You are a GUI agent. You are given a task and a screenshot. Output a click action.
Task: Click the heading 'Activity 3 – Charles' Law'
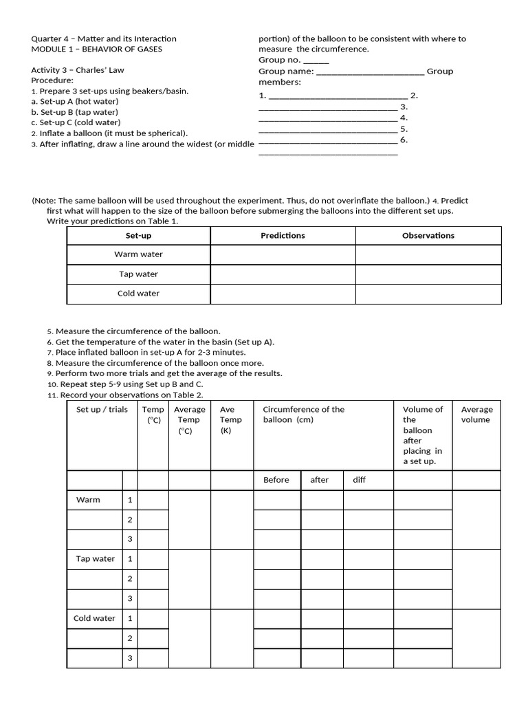(78, 70)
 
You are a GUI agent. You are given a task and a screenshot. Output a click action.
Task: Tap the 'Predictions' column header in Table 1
(283, 236)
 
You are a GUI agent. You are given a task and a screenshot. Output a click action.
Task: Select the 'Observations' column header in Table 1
(428, 236)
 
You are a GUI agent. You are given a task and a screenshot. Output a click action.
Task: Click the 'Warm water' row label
(138, 254)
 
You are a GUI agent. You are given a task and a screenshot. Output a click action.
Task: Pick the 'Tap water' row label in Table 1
(138, 274)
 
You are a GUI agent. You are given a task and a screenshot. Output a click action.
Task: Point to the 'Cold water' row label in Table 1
(138, 294)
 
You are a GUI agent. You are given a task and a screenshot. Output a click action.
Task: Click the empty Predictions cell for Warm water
(283, 254)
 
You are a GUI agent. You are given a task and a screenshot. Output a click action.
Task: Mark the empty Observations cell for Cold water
(428, 294)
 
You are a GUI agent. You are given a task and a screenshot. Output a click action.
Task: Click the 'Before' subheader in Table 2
(276, 480)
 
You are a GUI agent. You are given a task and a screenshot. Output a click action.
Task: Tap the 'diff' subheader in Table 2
(359, 480)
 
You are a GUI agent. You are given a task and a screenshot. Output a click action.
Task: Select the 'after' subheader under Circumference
(320, 480)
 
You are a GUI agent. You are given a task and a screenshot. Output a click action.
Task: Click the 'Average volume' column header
(476, 415)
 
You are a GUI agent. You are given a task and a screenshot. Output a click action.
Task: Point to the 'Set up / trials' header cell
(102, 410)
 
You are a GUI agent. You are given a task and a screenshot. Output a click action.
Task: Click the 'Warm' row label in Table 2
(88, 500)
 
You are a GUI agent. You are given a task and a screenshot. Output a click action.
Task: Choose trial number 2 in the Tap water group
(129, 579)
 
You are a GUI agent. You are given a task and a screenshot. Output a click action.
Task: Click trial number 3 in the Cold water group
(129, 658)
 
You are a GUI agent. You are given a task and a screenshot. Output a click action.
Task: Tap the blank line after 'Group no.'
(316, 60)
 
